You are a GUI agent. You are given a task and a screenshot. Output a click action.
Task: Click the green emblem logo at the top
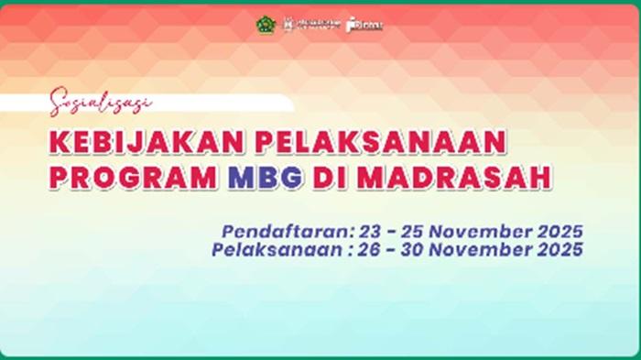point(265,25)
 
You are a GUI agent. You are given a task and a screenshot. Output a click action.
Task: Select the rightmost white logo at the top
point(365,25)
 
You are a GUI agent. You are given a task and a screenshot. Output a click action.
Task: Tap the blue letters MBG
point(269,177)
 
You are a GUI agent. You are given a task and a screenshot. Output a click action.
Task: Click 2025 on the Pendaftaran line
point(560,231)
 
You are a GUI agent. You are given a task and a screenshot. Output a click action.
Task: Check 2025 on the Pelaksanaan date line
point(560,248)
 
